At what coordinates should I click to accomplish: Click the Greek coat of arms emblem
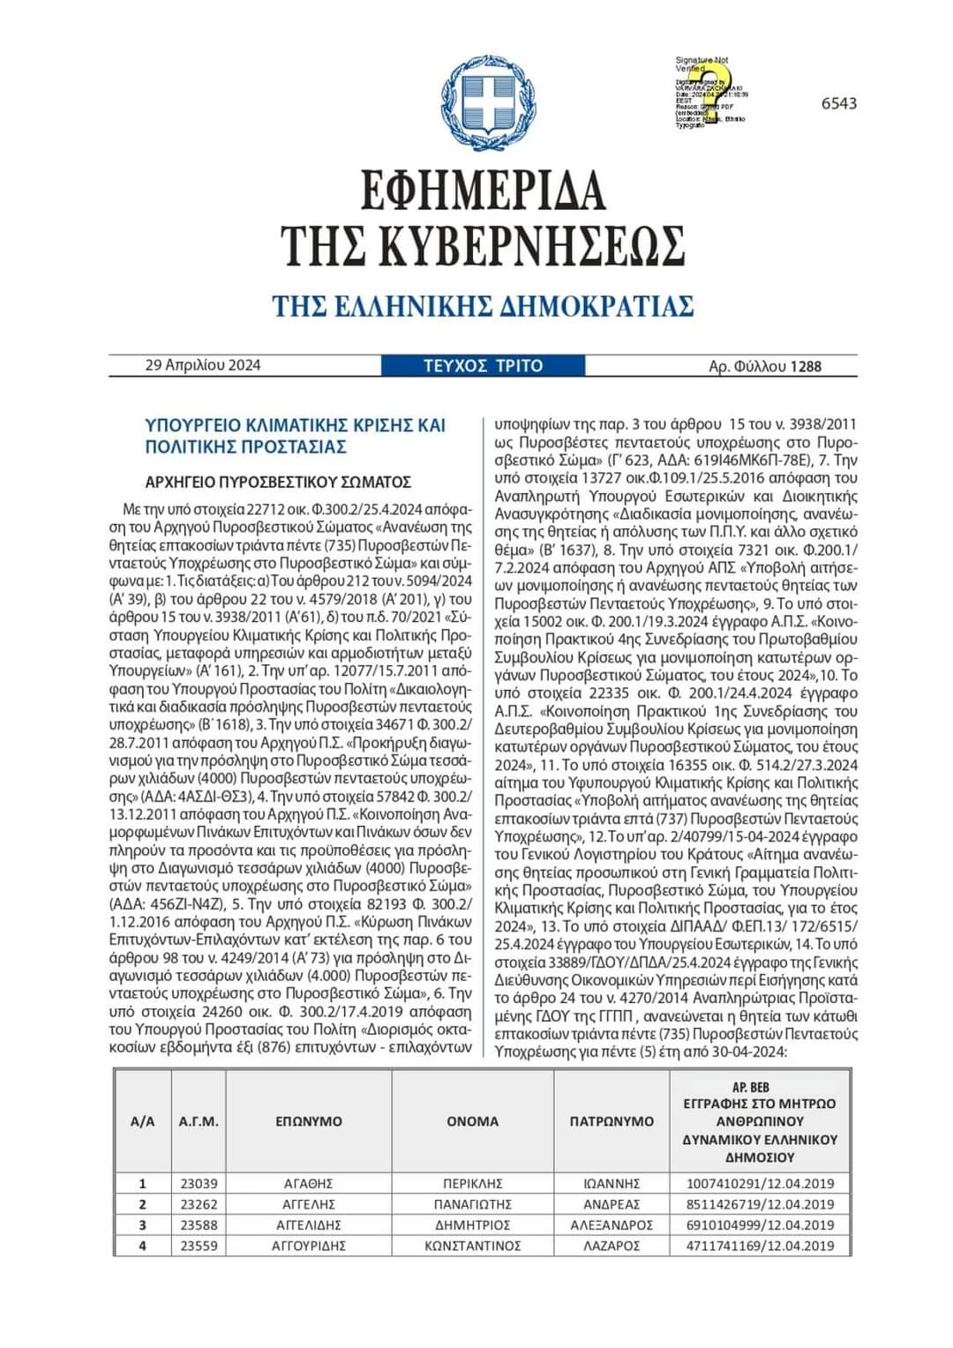(476, 102)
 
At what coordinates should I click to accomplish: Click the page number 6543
(838, 103)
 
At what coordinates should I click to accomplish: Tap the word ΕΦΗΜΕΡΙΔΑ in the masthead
(484, 189)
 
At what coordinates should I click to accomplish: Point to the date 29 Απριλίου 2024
(202, 365)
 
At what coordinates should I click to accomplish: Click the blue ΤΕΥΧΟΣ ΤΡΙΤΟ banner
(483, 365)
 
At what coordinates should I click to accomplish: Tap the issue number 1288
(806, 366)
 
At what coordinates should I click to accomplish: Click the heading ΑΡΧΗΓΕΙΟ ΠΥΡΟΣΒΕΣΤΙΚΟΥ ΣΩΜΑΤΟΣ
(278, 482)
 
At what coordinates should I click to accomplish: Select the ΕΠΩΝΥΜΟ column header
(308, 1121)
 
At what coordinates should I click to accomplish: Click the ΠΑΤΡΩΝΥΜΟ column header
(612, 1121)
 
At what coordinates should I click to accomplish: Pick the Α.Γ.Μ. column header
(199, 1121)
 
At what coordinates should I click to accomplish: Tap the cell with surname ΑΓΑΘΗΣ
(308, 1184)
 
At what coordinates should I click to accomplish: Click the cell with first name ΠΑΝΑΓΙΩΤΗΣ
(473, 1204)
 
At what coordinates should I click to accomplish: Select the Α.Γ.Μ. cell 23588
(199, 1225)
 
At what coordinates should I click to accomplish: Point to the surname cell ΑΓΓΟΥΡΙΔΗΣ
(308, 1246)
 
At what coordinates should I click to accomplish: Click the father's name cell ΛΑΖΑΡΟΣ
(612, 1246)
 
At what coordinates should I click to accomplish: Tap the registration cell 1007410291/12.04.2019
(760, 1184)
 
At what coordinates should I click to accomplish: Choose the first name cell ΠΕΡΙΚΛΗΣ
(473, 1184)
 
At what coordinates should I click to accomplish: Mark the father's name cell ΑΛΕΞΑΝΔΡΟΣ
(612, 1225)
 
